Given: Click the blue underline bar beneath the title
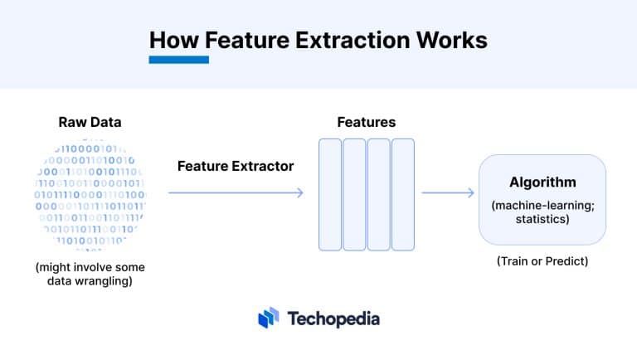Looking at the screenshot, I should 178,60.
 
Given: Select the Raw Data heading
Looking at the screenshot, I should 90,122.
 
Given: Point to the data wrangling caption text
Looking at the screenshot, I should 89,275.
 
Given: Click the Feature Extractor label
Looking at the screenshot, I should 236,166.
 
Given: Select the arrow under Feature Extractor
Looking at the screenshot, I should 236,193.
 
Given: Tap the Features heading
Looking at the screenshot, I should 366,122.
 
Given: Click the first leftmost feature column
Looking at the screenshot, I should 330,194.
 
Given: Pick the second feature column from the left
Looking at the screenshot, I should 354,194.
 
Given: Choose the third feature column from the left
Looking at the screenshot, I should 378,194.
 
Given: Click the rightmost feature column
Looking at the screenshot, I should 402,194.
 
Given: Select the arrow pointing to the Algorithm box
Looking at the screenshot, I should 447,193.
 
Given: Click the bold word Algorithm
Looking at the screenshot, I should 542,182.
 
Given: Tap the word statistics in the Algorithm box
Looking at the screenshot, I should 542,219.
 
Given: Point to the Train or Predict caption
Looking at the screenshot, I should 542,260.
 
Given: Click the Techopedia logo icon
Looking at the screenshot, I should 268,318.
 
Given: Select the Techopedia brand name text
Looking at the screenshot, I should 333,318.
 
